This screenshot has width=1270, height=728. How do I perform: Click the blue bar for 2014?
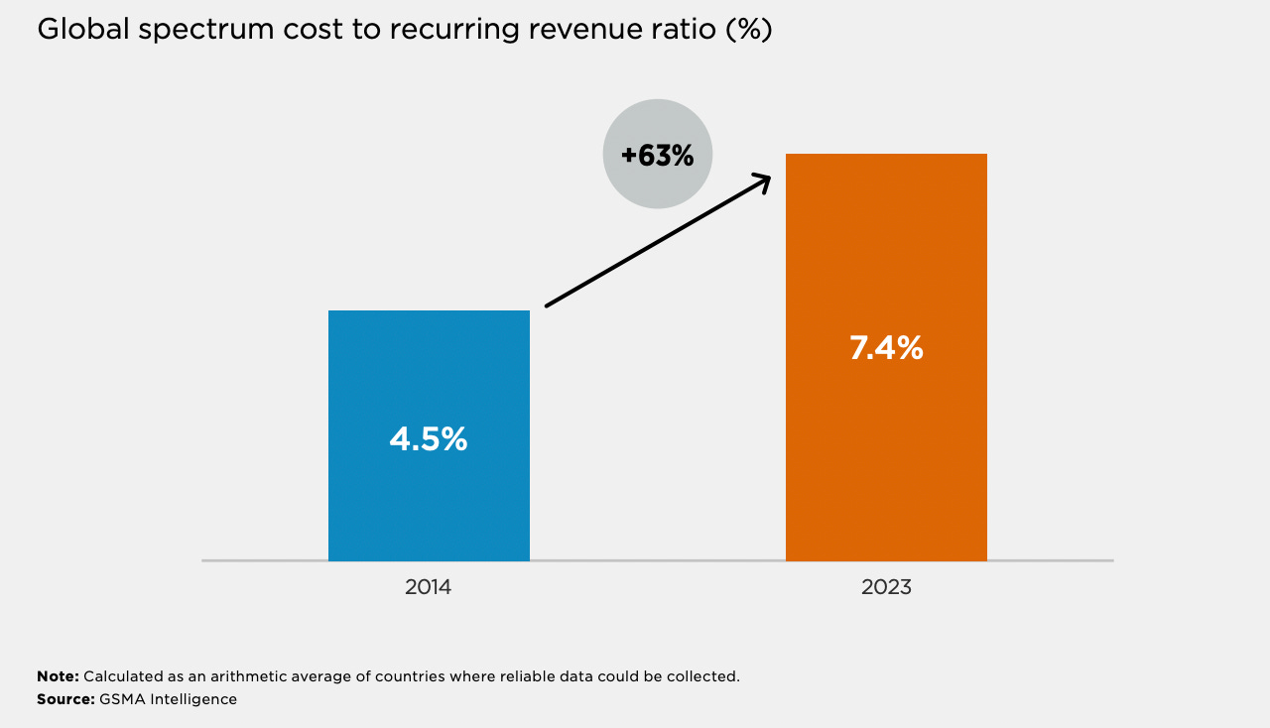point(429,435)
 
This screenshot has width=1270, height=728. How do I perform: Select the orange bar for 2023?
point(886,357)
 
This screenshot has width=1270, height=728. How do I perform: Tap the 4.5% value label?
point(429,439)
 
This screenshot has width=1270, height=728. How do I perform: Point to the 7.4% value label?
point(886,347)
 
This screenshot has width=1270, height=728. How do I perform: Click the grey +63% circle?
point(658,154)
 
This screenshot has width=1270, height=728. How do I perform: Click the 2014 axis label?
point(428,587)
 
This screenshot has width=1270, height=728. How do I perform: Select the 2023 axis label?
point(886,587)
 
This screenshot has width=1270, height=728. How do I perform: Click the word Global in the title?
point(83,29)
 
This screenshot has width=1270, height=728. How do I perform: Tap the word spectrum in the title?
point(206,31)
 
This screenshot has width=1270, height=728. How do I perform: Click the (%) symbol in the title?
point(749,30)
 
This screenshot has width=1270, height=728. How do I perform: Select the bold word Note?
point(58,676)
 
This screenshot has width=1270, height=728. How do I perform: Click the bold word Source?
point(65,699)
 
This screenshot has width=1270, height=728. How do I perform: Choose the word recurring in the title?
point(454,31)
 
